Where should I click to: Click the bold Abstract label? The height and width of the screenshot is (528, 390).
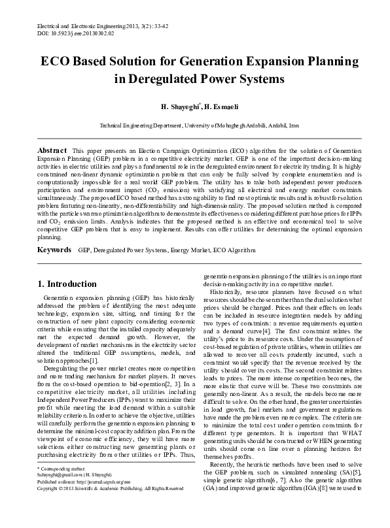pos(52,150)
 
